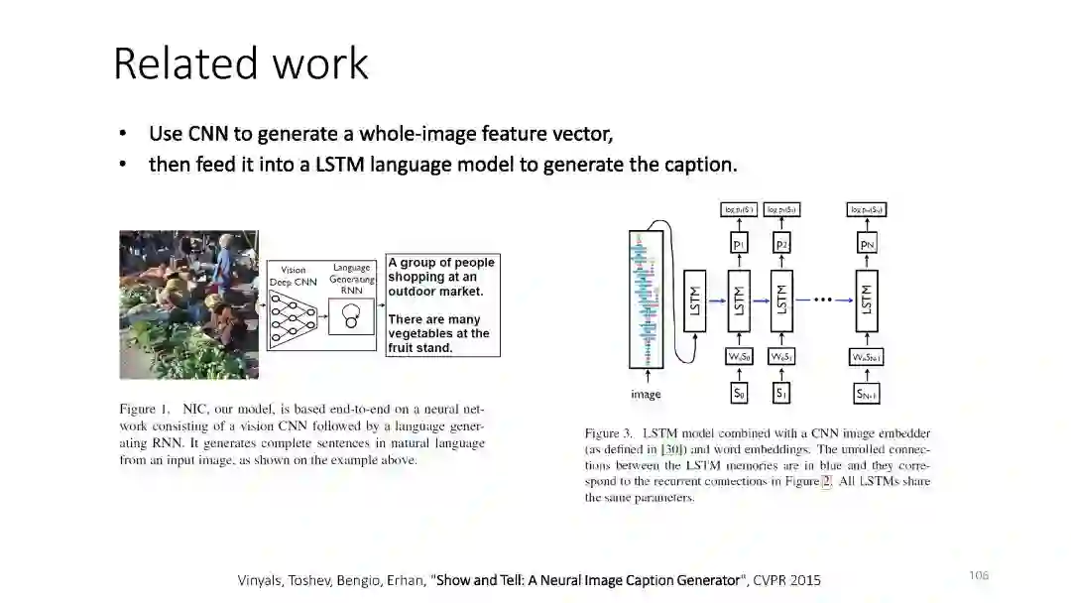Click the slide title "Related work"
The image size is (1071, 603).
coord(241,63)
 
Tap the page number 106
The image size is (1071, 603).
coord(979,575)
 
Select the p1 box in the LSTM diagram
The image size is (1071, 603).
coord(739,243)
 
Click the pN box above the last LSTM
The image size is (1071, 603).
coord(867,243)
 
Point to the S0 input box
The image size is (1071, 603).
coord(739,394)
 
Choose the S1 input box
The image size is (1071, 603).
coord(781,394)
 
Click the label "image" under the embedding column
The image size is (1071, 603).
coord(646,395)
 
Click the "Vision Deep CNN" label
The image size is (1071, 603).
coord(293,276)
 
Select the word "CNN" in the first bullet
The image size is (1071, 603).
coord(208,133)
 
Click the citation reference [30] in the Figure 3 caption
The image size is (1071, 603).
coord(672,449)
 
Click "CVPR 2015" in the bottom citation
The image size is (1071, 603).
coord(787,579)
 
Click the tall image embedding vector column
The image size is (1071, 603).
coord(646,298)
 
